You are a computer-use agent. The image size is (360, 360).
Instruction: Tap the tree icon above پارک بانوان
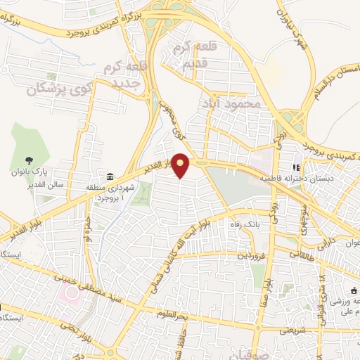pos(29,160)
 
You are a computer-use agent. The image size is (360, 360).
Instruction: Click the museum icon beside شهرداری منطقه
pos(110,176)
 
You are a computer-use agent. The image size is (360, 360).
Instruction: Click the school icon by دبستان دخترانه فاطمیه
pos(296,169)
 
